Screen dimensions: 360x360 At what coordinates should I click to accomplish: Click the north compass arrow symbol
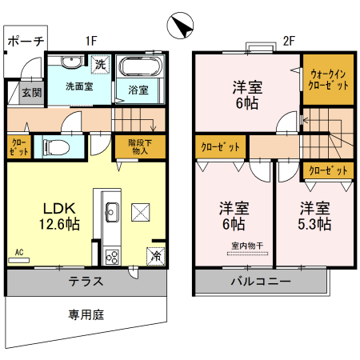[x=180, y=26]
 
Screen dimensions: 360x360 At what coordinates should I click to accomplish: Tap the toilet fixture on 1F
[x=57, y=146]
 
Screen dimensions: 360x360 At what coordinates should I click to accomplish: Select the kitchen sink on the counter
[x=111, y=212]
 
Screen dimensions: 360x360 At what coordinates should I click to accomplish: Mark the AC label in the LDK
[x=19, y=252]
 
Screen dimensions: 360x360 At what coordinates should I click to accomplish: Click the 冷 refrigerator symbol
[x=154, y=256]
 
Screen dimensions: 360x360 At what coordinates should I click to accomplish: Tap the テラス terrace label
[x=85, y=281]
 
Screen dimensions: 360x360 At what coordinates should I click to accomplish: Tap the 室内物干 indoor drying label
[x=248, y=246]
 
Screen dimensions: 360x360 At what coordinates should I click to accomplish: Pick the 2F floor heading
[x=290, y=40]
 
